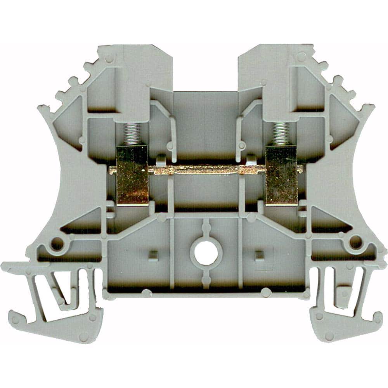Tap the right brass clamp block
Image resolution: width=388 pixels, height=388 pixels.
point(281,175)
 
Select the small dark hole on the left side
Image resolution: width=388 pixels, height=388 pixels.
point(57,244)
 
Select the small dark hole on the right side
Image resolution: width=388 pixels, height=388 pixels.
point(355,242)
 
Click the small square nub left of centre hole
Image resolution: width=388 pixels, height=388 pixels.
point(154,255)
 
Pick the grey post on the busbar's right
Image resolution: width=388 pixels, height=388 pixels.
point(251,159)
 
